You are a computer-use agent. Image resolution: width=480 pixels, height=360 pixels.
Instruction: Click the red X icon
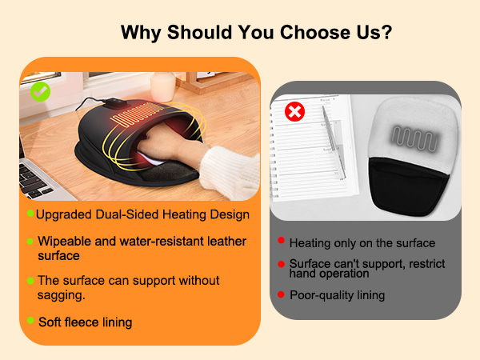point(294,110)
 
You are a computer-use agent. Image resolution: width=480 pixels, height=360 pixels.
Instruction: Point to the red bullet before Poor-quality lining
point(281,294)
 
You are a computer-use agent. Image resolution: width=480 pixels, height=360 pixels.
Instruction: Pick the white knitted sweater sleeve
point(225,168)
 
